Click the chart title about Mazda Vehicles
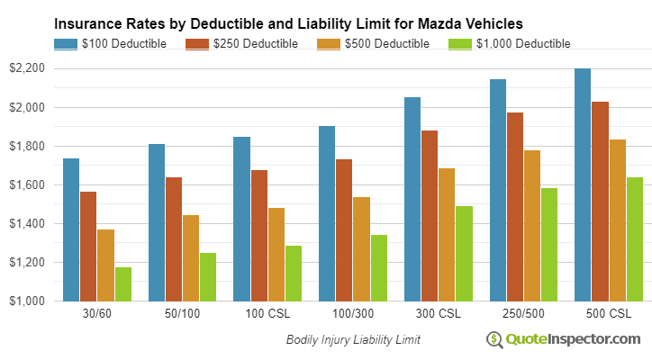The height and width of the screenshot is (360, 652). [288, 22]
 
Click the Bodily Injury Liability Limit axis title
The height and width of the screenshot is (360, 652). [353, 339]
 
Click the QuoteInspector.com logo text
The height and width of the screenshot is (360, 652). [573, 338]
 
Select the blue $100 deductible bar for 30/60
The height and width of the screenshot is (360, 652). [71, 229]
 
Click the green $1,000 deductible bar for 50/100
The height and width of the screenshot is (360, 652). [208, 276]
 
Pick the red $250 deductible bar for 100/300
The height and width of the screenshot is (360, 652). [344, 229]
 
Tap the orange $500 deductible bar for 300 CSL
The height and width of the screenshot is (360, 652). [447, 234]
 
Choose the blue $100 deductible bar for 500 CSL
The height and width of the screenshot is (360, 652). [583, 184]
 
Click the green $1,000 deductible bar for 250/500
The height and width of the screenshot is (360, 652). [549, 244]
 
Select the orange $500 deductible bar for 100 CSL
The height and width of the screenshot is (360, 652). [276, 254]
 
